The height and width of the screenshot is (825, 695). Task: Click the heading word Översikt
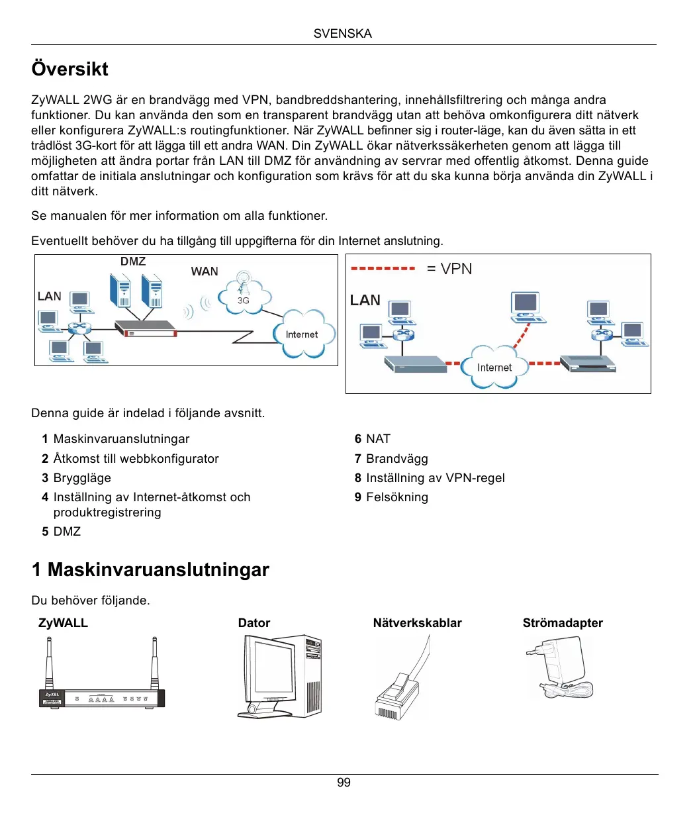click(69, 69)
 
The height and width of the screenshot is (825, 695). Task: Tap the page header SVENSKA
click(342, 34)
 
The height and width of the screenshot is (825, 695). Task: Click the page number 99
click(344, 783)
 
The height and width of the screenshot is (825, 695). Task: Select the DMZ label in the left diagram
click(133, 262)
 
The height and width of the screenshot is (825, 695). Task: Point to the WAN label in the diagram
click(204, 271)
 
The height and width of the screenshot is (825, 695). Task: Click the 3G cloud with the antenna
click(244, 296)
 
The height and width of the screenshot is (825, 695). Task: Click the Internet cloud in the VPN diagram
click(494, 367)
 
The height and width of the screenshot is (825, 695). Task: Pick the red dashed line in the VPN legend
click(383, 269)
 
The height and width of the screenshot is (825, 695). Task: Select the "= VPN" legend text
click(449, 269)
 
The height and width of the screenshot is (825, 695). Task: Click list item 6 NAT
click(373, 439)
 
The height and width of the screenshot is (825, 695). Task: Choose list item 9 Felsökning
click(391, 497)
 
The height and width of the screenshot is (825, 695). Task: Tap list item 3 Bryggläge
click(76, 478)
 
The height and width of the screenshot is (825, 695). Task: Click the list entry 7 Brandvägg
click(391, 459)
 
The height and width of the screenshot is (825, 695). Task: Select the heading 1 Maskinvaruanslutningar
click(150, 570)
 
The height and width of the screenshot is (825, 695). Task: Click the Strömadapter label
click(563, 623)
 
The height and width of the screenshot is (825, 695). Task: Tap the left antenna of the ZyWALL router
click(49, 662)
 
